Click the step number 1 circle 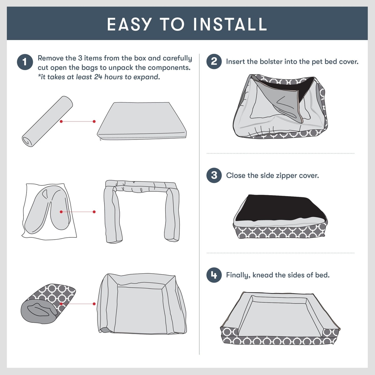pyautogui.click(x=25, y=62)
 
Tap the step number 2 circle pyautogui.click(x=214, y=61)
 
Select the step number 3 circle pyautogui.click(x=214, y=175)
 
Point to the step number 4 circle pyautogui.click(x=214, y=275)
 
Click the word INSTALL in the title pyautogui.click(x=230, y=24)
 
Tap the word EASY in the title pyautogui.click(x=129, y=24)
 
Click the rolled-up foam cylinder pyautogui.click(x=47, y=121)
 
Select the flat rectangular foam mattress pyautogui.click(x=142, y=121)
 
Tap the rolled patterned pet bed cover pyautogui.click(x=48, y=304)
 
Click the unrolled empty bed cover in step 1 pyautogui.click(x=142, y=304)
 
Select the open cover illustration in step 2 pyautogui.click(x=280, y=106)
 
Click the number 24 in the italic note pyautogui.click(x=98, y=77)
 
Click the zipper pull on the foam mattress pyautogui.click(x=100, y=139)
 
